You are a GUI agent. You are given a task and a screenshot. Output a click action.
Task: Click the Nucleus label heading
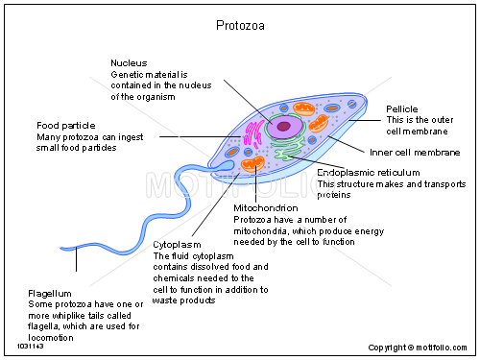[x=130, y=61]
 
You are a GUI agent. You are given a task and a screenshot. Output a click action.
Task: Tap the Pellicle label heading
[x=402, y=109]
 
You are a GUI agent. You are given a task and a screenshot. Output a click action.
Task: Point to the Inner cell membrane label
[x=415, y=152]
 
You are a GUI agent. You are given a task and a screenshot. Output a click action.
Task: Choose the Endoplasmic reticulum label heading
[x=371, y=172]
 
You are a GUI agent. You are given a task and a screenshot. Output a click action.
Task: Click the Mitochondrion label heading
[x=266, y=207]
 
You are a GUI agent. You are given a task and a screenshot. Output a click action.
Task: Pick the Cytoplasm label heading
[x=178, y=244]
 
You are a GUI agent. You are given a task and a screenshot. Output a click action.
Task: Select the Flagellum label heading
[x=51, y=292]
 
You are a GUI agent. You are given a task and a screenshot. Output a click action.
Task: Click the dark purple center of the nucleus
[x=285, y=125]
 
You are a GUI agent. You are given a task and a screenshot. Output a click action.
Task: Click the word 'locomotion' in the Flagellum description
[x=54, y=337]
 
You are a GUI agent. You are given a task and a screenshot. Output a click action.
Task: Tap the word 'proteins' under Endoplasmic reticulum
[x=335, y=195]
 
